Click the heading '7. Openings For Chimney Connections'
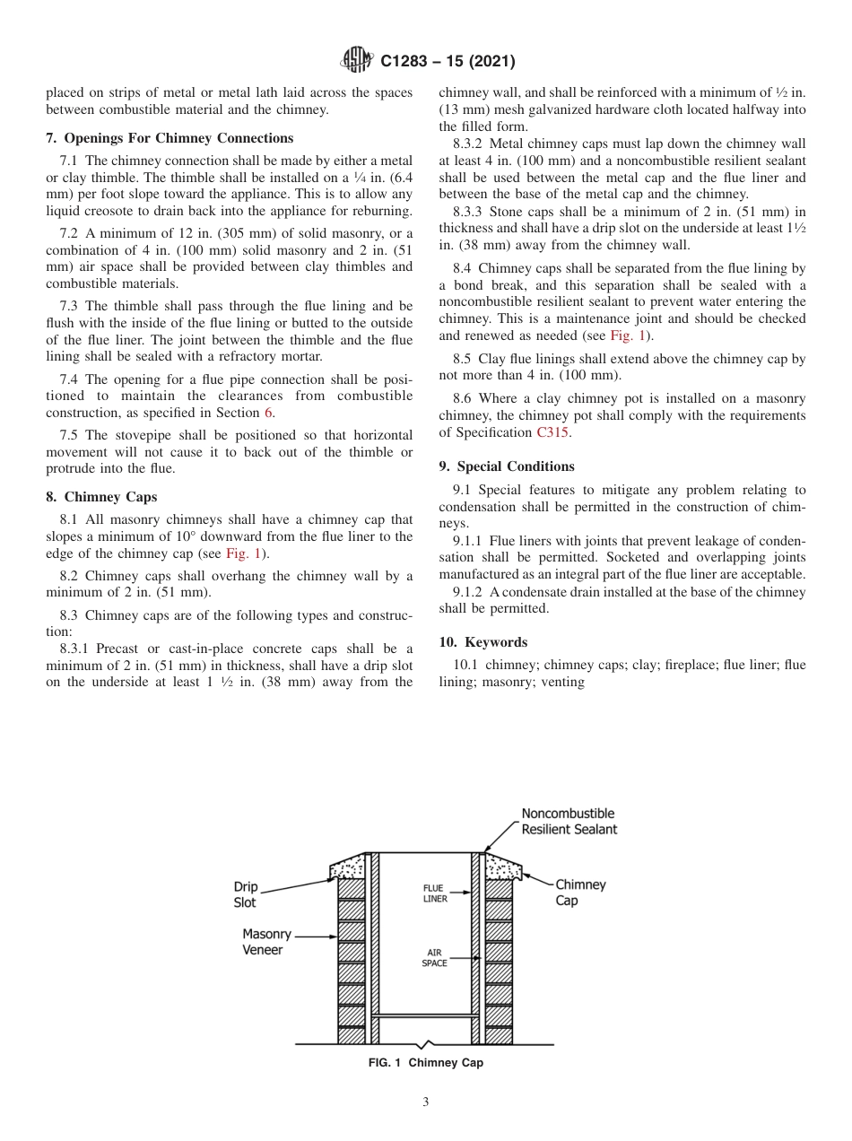pos(170,138)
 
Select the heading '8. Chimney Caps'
pos(101,497)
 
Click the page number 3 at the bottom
pos(426,1102)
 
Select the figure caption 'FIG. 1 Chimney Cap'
pos(426,1063)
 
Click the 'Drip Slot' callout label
pos(245,894)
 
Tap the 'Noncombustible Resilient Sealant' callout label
pos(569,822)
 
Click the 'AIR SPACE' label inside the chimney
pos(434,958)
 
